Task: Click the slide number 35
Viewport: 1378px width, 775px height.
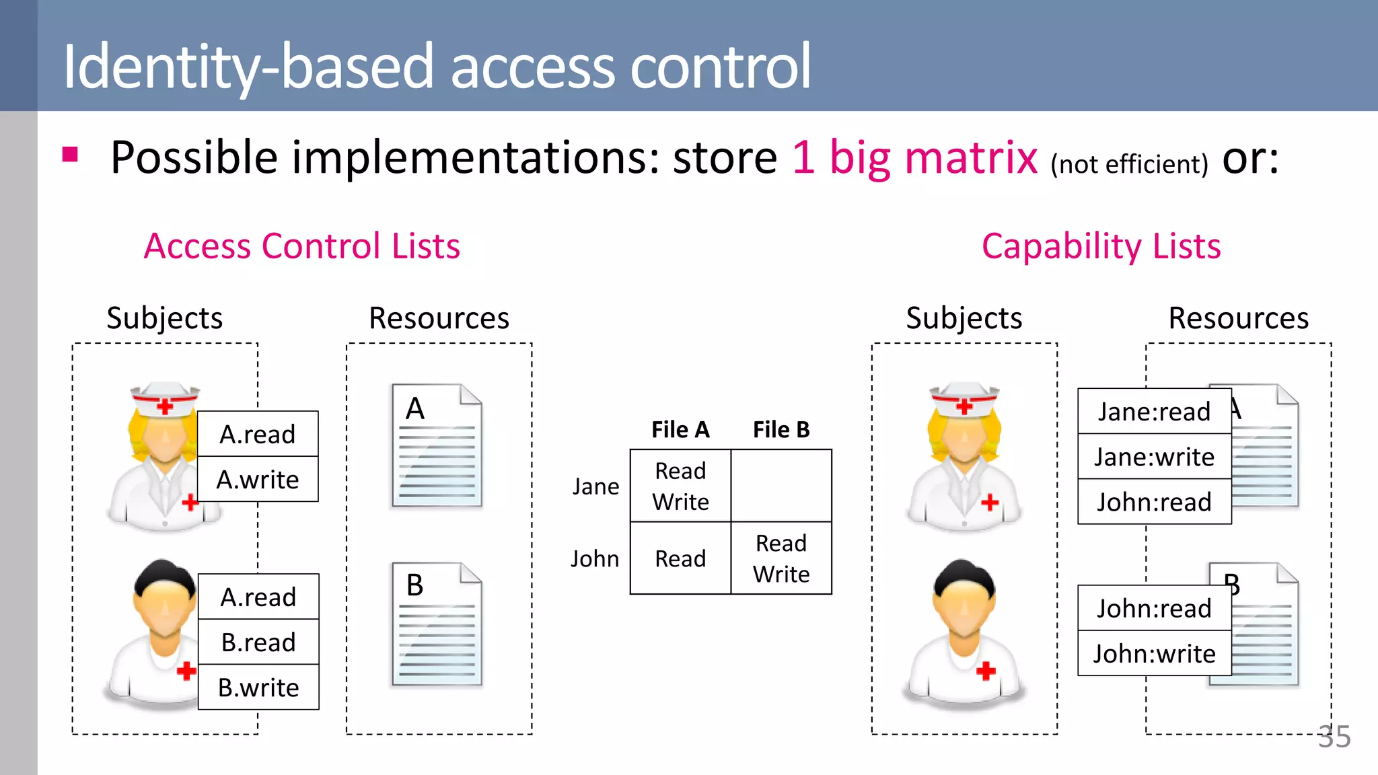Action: coord(1334,737)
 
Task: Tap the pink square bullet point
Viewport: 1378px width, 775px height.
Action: coord(70,155)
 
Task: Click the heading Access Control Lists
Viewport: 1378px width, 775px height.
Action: coord(302,246)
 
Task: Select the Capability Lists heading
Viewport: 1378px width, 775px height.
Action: coord(1101,246)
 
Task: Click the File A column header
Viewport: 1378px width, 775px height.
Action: coord(680,430)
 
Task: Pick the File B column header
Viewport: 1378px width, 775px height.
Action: coord(781,430)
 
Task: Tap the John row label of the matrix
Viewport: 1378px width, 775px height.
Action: coord(595,559)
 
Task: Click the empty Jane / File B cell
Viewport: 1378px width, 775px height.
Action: coord(781,486)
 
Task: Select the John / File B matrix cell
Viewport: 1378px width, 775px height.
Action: coord(781,558)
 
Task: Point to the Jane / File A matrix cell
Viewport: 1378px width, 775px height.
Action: coord(680,486)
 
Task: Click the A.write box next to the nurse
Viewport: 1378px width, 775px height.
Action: coord(258,480)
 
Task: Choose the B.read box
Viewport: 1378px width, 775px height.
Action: coord(258,642)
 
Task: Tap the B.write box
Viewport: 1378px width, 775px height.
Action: coord(258,688)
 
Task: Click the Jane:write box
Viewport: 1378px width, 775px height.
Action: coord(1154,457)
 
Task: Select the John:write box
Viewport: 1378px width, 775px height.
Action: coord(1154,654)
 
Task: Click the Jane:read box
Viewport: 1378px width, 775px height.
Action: coord(1154,412)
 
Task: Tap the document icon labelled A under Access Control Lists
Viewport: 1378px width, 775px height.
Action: coord(437,445)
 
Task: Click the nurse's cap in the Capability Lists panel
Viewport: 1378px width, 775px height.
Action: coord(964,400)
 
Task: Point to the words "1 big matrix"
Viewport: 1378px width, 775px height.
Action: coord(915,157)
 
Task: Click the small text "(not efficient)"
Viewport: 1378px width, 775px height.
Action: coord(1129,164)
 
